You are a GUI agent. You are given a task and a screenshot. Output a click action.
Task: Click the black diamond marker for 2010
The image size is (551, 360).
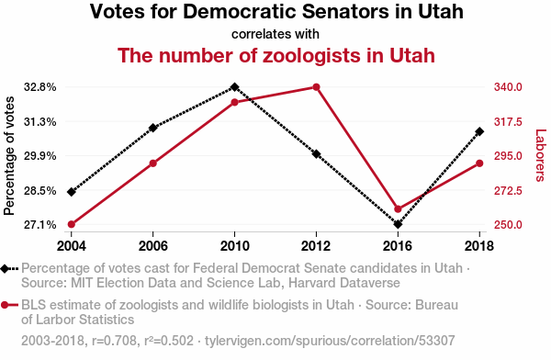(x=235, y=87)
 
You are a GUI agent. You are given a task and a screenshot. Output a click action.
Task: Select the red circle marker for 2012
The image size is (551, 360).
(x=316, y=87)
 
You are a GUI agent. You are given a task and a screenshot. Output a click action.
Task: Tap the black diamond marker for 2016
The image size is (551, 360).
(x=398, y=224)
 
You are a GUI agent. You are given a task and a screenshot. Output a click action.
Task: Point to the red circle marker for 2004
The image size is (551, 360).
(x=72, y=224)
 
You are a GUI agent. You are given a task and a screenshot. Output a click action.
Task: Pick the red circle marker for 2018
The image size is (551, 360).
(x=479, y=163)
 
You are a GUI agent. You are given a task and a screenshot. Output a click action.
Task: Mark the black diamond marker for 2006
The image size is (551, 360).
(x=152, y=128)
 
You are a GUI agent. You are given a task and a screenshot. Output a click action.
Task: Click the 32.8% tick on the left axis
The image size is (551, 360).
(x=40, y=87)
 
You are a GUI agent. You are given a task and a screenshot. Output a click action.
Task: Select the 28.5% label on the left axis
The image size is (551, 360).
(x=40, y=191)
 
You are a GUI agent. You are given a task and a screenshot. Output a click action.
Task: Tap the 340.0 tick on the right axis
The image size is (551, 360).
(x=508, y=87)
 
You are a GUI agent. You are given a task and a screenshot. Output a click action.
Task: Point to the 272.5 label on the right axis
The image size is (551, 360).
(x=508, y=191)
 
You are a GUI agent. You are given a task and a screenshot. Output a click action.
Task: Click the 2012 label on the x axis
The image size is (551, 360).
(x=316, y=246)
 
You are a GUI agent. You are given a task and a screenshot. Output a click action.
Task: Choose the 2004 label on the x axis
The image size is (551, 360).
(x=72, y=246)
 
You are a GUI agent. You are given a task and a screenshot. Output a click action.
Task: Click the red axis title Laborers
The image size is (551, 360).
(x=541, y=155)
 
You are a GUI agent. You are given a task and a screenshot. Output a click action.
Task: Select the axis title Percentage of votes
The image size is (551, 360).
(x=9, y=156)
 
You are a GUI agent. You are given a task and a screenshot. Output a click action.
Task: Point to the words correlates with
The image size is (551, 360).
(x=275, y=34)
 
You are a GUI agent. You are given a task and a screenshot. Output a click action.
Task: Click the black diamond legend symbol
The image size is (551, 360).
(x=5, y=268)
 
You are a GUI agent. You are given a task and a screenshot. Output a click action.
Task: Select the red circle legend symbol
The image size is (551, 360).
(x=5, y=305)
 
